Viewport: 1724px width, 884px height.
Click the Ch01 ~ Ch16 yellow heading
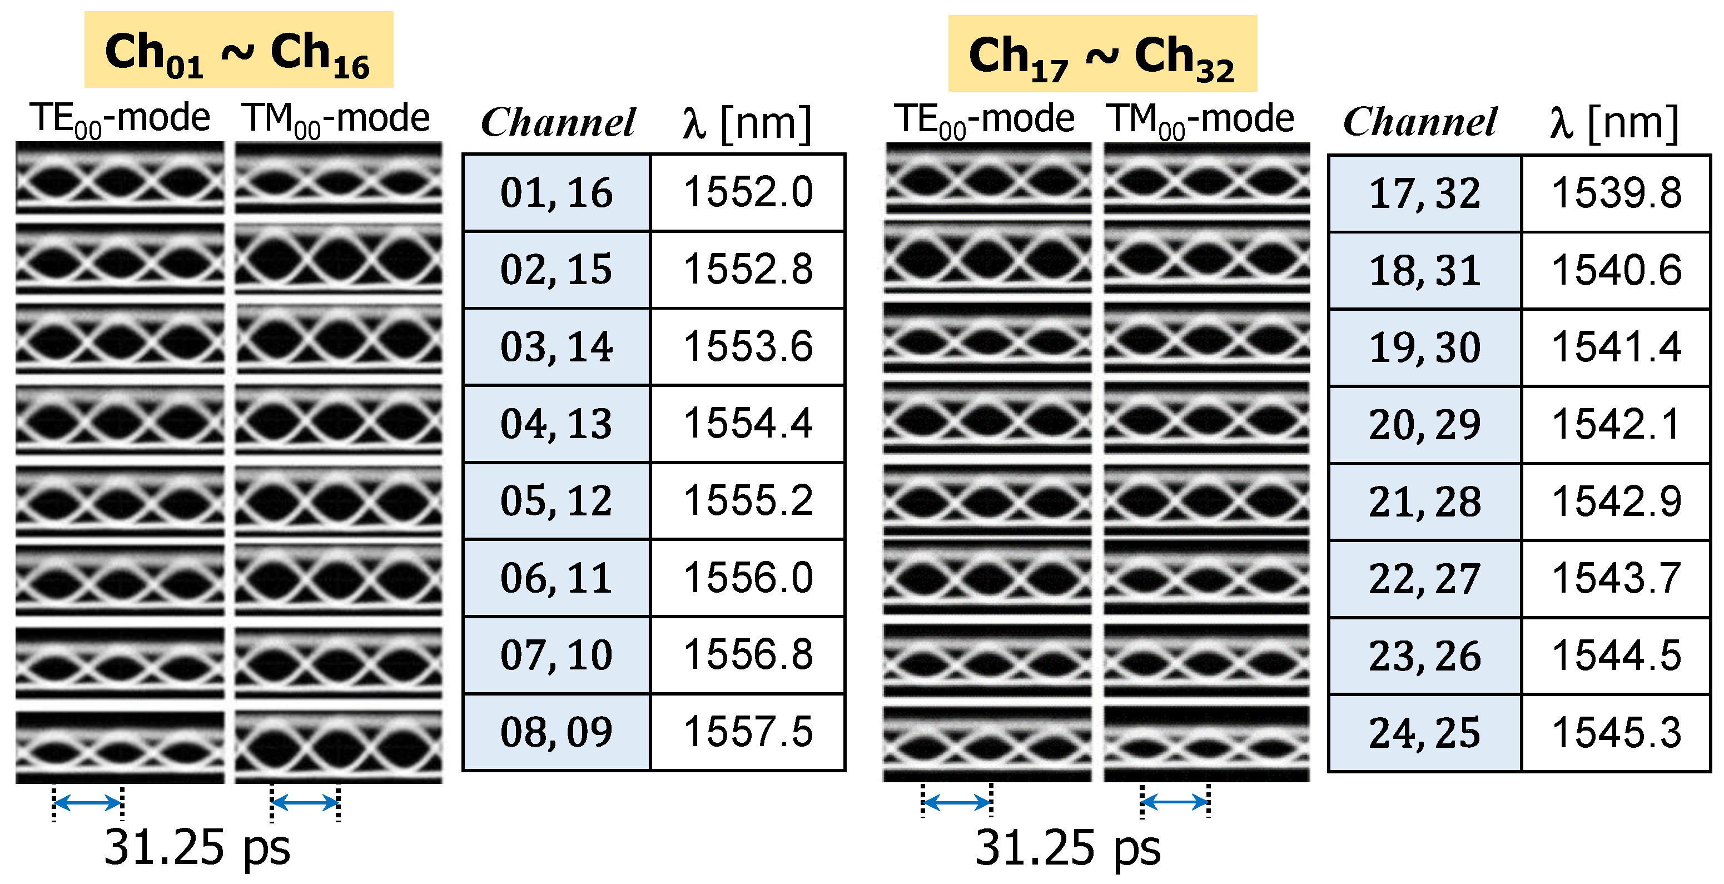239,50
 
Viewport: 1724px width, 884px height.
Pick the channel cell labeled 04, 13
556,424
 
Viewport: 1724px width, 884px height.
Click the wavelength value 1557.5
748,732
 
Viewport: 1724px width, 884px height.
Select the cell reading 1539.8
1616,193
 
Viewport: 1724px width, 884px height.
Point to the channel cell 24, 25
1424,733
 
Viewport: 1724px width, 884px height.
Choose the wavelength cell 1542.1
1616,424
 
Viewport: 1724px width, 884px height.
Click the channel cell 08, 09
556,732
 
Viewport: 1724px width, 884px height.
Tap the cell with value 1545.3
1616,733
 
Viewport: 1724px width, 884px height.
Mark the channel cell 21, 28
1424,501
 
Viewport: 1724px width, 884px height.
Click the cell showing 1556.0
748,578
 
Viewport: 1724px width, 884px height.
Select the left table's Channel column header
558,122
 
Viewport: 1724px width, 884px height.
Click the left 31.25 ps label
197,847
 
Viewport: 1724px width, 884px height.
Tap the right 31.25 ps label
1067,848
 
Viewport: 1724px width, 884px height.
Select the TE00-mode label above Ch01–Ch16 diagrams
120,120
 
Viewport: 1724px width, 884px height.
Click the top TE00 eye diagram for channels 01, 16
120,178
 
